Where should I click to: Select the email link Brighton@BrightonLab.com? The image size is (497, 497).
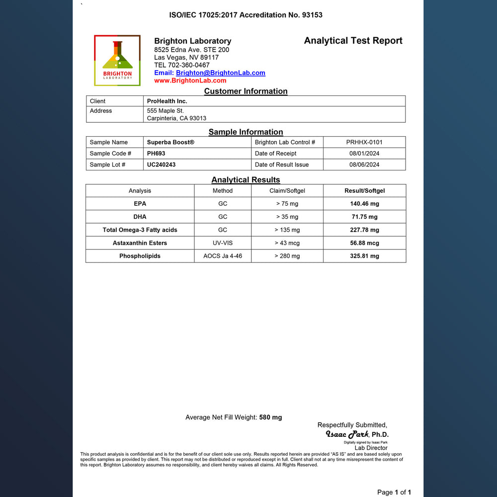pos(220,73)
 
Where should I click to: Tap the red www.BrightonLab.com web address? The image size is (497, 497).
pos(190,81)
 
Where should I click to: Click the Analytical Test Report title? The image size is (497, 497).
pos(353,41)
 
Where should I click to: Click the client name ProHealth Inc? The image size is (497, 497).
pos(167,101)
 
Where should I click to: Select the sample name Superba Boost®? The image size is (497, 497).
pos(170,142)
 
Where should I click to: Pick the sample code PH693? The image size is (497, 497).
pos(156,154)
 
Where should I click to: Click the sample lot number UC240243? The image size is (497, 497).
pos(161,165)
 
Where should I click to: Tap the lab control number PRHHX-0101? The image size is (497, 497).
pos(364,142)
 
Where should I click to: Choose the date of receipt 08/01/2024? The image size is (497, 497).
pos(364,154)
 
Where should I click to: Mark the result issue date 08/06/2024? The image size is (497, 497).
pos(364,165)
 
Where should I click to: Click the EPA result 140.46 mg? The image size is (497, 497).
pos(364,204)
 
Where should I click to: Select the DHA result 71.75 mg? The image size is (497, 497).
pos(364,217)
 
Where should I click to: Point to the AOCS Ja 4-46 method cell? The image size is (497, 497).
pos(223,256)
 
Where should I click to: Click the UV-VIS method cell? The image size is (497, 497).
pos(223,243)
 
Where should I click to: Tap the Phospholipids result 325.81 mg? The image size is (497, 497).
pos(364,256)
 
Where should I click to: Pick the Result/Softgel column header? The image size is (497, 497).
pos(364,191)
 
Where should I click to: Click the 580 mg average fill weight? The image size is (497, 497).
pos(270,417)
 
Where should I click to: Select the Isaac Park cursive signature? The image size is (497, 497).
pos(347,434)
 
